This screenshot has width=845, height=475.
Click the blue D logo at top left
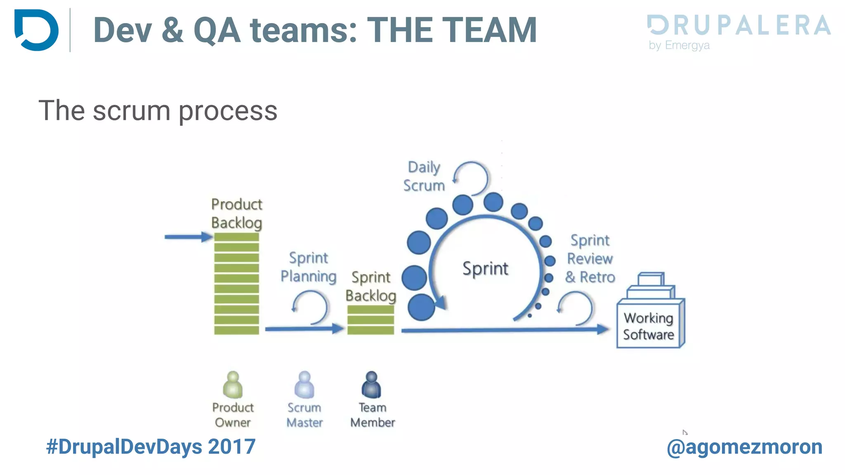click(36, 30)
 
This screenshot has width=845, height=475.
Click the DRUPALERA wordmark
click(739, 25)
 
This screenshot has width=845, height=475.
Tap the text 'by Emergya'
click(679, 45)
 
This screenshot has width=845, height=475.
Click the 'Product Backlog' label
click(236, 213)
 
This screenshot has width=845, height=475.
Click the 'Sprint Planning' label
click(308, 267)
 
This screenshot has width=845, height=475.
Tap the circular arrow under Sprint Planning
click(310, 307)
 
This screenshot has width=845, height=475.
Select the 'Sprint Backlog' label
click(371, 286)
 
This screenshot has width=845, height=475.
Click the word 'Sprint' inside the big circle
click(485, 268)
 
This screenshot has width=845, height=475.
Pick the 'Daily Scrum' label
click(424, 176)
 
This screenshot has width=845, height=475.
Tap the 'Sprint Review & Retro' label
click(590, 259)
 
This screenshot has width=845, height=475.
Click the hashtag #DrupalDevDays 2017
click(151, 447)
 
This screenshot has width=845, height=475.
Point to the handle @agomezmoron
click(744, 447)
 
